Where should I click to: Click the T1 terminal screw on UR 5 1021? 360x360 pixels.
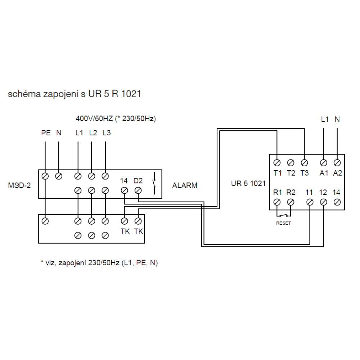[x=277, y=163]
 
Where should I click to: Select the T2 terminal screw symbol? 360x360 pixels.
[x=291, y=163]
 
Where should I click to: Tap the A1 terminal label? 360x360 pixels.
[x=324, y=173]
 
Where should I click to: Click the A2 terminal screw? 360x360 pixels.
[x=337, y=163]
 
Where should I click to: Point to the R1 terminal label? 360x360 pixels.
[x=278, y=192]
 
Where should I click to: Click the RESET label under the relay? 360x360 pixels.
[x=284, y=223]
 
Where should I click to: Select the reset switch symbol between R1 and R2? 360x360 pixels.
[x=284, y=215]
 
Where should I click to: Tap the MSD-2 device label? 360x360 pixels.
[x=19, y=185]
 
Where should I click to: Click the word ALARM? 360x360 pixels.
[x=185, y=185]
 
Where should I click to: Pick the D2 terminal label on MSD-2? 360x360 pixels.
[x=138, y=181]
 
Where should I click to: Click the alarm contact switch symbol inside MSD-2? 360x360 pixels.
[x=154, y=183]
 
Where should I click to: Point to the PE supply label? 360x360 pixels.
[x=46, y=133]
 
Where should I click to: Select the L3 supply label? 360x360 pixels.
[x=107, y=133]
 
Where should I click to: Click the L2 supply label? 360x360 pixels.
[x=93, y=133]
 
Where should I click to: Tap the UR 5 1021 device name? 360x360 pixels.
[x=248, y=184]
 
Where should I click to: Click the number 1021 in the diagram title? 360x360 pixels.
[x=131, y=94]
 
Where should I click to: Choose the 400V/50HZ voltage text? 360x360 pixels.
[x=94, y=119]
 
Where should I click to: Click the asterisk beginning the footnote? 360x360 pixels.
[x=42, y=262]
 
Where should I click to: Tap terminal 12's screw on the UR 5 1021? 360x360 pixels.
[x=324, y=202]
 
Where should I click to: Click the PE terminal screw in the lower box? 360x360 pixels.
[x=45, y=221]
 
